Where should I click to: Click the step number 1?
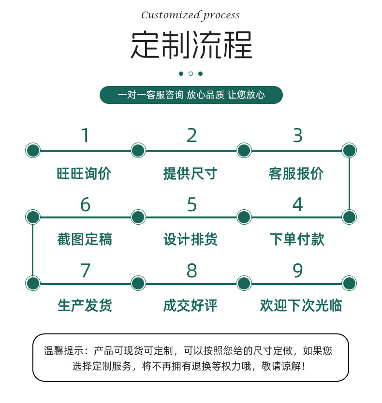click(85, 136)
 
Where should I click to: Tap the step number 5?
click(192, 205)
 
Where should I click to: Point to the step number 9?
click(297, 271)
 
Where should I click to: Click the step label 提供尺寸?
click(191, 173)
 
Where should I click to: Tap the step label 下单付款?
click(297, 239)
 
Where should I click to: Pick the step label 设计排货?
click(191, 239)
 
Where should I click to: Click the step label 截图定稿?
click(85, 239)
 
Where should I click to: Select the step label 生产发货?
click(85, 305)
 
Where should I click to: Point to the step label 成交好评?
click(191, 305)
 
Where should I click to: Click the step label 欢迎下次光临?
click(301, 305)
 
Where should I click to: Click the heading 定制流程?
click(191, 46)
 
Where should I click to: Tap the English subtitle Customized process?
click(191, 15)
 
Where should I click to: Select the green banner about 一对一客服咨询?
click(191, 95)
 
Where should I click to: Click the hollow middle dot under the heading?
click(191, 73)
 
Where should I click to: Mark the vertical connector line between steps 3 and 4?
click(349, 184)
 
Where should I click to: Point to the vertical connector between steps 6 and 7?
click(32, 250)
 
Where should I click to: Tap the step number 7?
click(85, 271)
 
